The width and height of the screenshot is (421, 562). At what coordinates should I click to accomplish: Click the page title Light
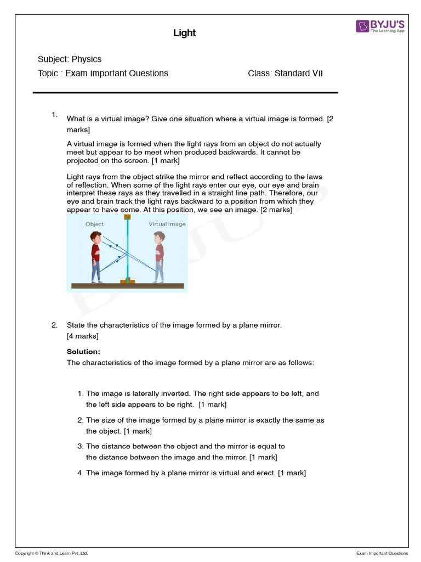pos(184,33)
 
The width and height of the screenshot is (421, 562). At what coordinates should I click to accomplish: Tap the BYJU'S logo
pos(380,26)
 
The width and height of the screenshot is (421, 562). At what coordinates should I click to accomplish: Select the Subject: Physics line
pos(70,59)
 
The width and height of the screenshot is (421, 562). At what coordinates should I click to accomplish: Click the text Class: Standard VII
pos(285,73)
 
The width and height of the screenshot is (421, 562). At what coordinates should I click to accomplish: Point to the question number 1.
pos(54,115)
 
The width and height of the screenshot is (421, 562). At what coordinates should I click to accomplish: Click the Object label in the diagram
pos(94,224)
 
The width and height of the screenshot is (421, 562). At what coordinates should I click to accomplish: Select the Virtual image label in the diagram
pos(167,224)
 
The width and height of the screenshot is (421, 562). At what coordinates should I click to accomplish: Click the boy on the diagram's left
pos(96,256)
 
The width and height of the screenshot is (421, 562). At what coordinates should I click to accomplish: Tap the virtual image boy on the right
pos(159,256)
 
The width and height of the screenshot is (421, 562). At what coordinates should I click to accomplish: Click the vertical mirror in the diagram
pos(127,250)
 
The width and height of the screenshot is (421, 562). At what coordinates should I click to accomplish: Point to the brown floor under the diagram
pos(127,285)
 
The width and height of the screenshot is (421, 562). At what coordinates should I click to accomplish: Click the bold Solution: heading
pos(83,352)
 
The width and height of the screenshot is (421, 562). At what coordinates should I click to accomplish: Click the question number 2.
pos(54,325)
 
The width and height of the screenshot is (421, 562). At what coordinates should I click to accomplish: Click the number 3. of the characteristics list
pos(81,446)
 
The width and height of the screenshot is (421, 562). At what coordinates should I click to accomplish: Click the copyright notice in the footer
pos(51,553)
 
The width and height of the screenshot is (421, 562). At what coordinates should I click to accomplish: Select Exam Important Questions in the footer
pos(382,553)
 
